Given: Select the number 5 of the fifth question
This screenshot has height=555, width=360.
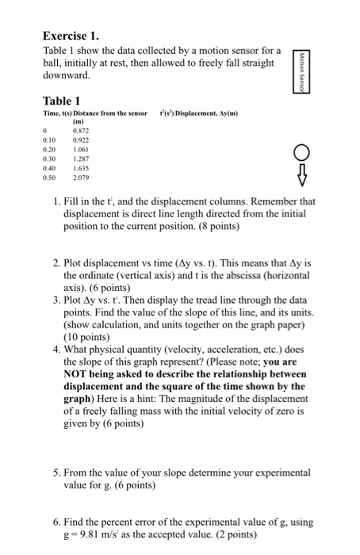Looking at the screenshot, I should coord(56,473).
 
